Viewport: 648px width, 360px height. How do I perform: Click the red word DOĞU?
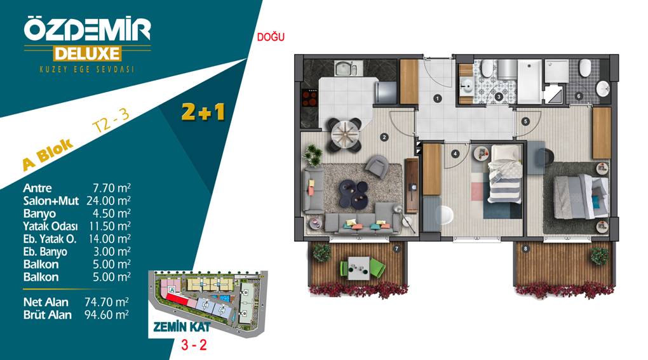click(271, 37)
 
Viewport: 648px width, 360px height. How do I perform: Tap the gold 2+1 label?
click(203, 112)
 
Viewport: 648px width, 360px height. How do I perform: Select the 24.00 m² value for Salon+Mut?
click(108, 201)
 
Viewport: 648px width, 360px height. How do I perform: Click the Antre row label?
click(37, 189)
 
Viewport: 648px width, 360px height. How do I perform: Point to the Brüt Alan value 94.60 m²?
click(107, 315)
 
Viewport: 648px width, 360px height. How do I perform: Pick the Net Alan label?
click(46, 302)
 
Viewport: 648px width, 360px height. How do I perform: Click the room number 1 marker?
click(437, 98)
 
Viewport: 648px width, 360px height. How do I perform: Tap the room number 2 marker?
click(384, 137)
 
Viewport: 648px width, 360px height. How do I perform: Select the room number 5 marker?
click(525, 121)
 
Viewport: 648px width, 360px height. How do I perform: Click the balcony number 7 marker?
click(396, 248)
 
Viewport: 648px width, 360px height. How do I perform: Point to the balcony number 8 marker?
click(525, 248)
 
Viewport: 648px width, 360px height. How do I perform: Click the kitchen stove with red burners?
click(310, 99)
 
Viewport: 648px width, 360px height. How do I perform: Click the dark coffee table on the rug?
click(354, 193)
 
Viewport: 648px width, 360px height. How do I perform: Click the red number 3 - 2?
click(194, 345)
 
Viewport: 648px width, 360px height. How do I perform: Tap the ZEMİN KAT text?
click(182, 328)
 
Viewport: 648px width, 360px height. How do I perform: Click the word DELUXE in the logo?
click(87, 54)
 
